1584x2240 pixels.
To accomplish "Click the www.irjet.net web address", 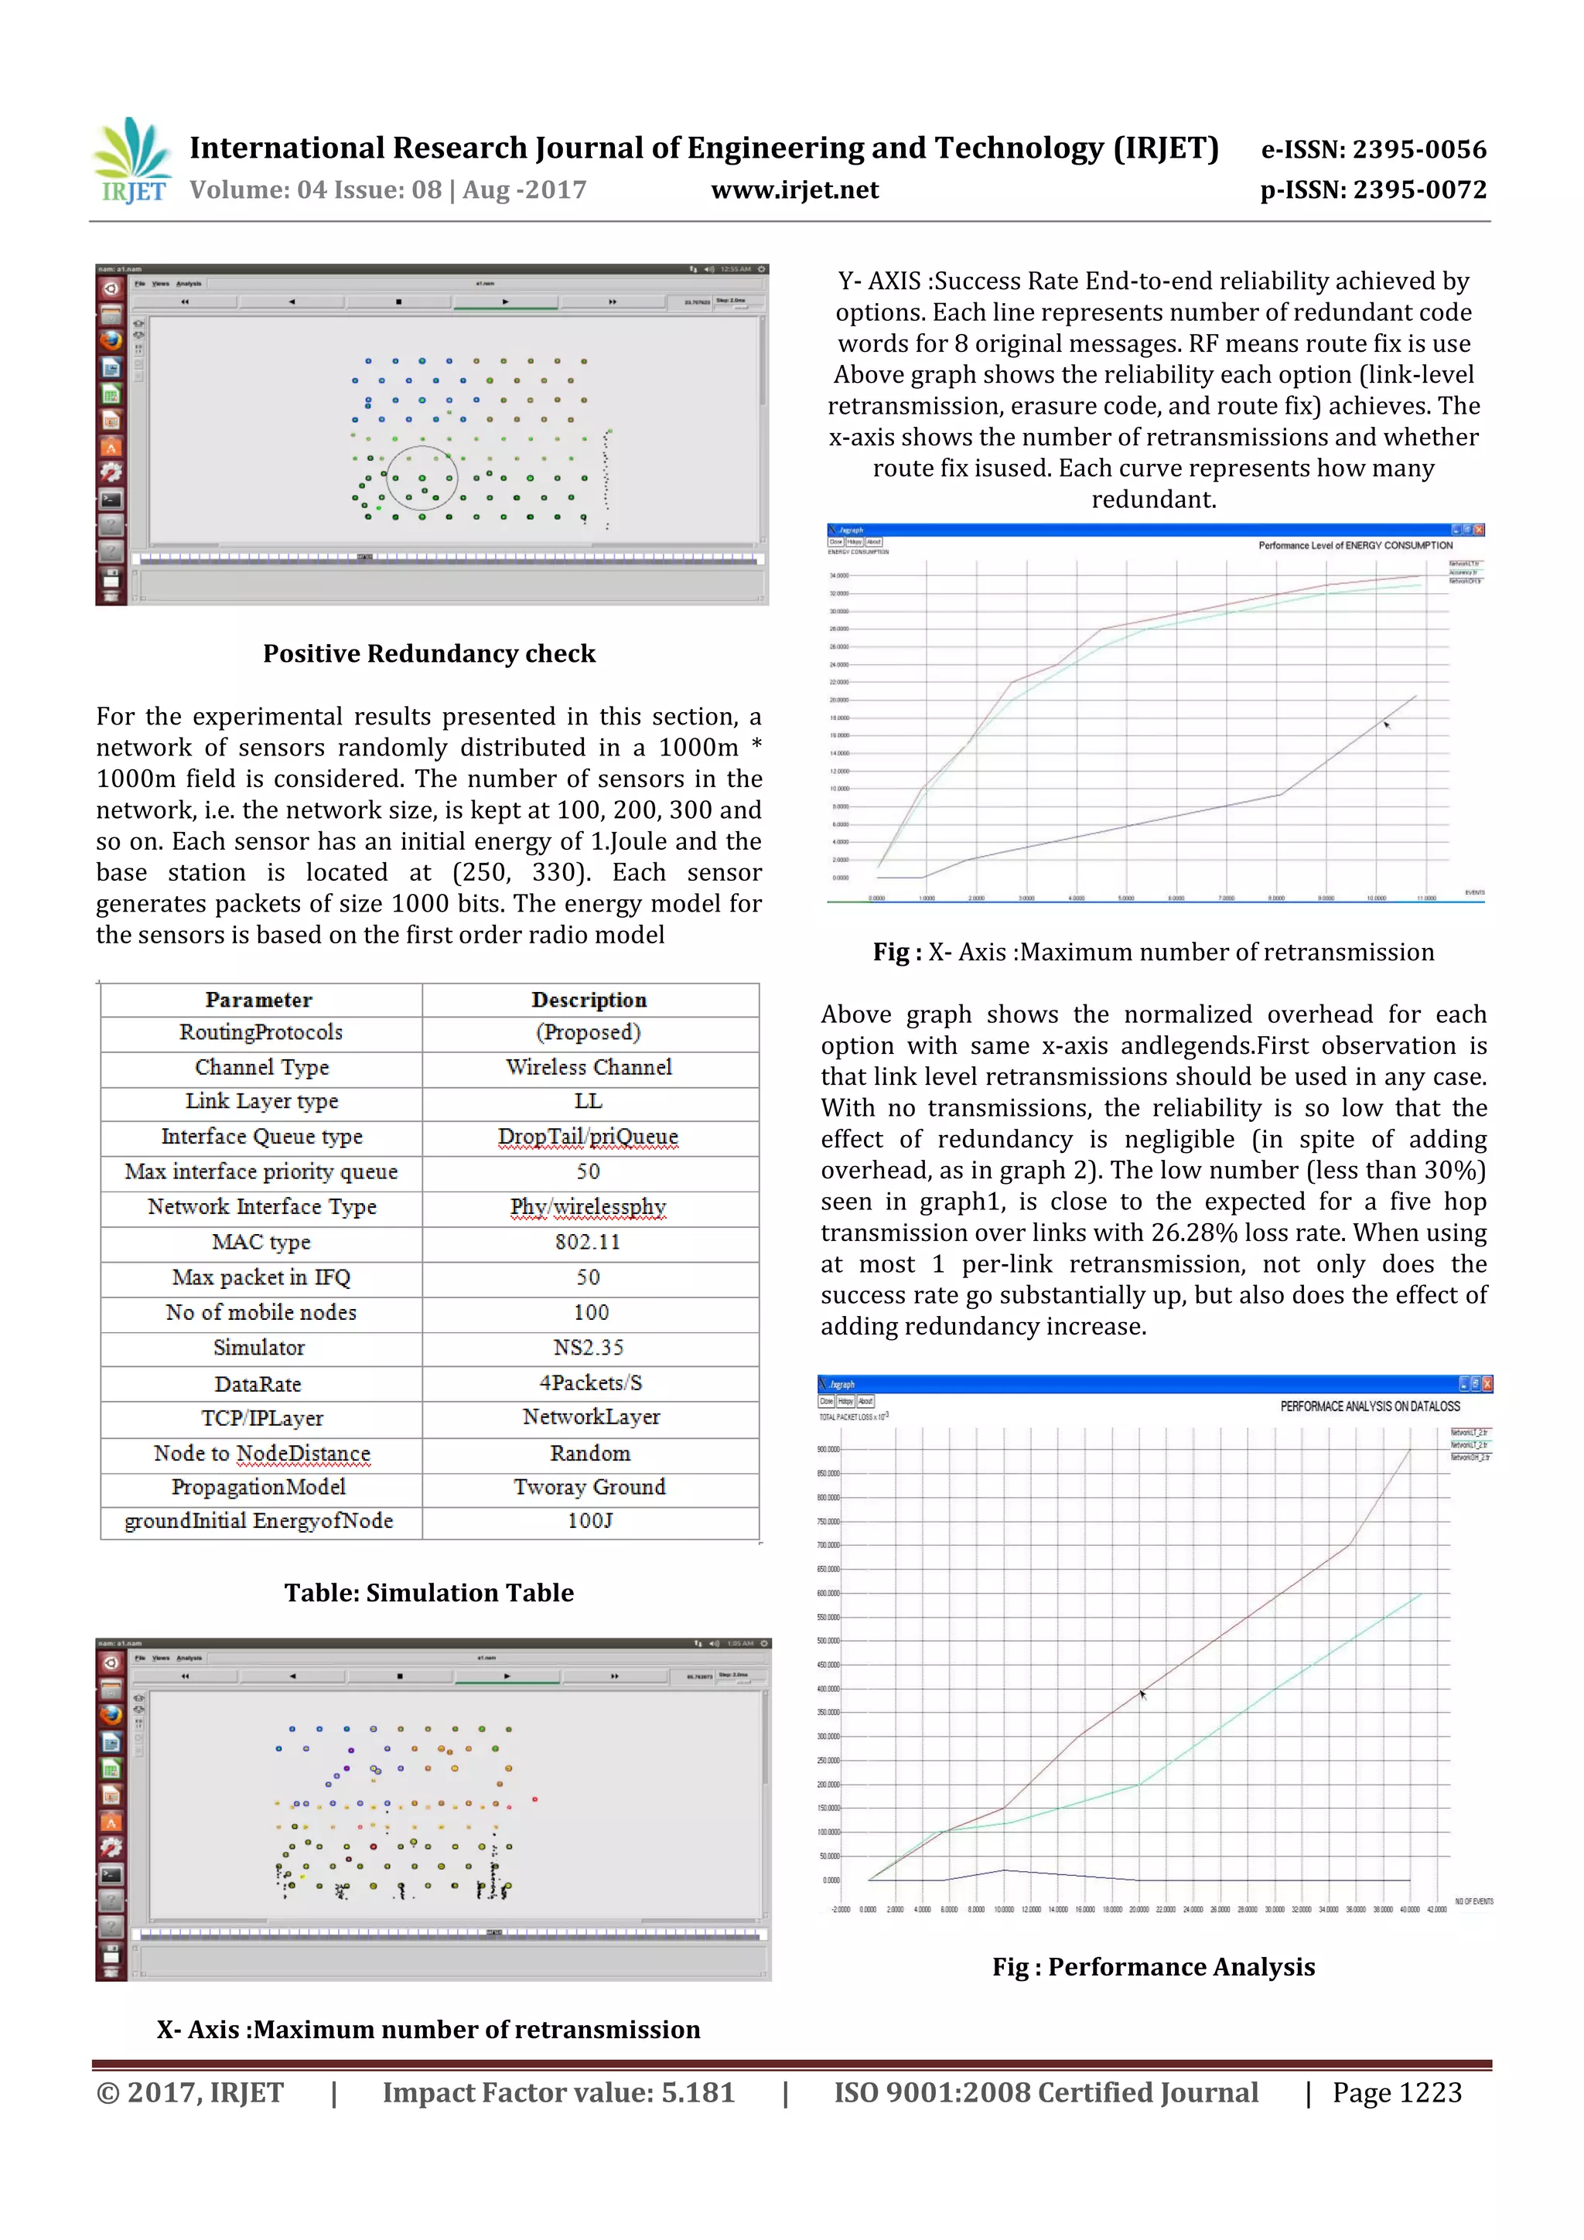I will point(794,190).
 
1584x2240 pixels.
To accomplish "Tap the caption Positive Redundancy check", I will point(428,653).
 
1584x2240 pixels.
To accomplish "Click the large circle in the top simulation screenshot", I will point(422,478).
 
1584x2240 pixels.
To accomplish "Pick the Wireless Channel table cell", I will point(589,1067).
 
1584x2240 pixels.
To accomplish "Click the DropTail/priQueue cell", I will point(588,1137).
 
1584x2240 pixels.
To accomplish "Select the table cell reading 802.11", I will point(588,1242).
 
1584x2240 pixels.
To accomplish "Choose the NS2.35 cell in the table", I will point(588,1347).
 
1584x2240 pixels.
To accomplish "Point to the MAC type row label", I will point(261,1242).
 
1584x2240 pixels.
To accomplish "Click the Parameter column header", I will point(258,1000).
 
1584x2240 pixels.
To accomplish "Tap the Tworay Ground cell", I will point(589,1487).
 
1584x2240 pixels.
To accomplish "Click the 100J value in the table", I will point(589,1521).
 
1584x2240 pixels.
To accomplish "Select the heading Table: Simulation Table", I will point(428,1593).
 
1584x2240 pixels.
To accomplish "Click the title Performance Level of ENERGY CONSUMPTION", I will point(1354,545).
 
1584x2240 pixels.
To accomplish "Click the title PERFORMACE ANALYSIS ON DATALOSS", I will point(1369,1406).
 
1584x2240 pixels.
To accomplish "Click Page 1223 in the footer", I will point(1397,2092).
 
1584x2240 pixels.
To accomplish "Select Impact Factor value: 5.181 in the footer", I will point(558,2092).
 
